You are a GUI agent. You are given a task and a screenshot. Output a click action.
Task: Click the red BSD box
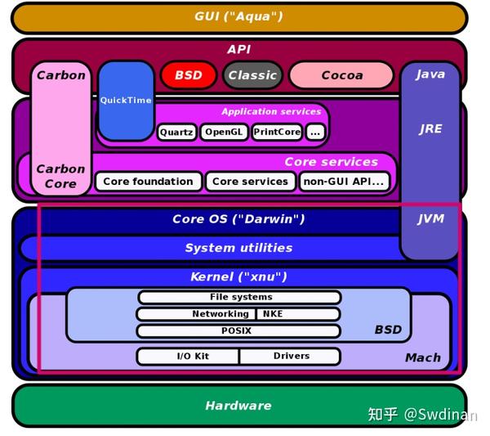pyautogui.click(x=188, y=75)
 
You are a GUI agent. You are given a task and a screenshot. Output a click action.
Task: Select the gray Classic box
pyautogui.click(x=252, y=75)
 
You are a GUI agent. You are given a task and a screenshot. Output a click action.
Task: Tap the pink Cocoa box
pyautogui.click(x=341, y=75)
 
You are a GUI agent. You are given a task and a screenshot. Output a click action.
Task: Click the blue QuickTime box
pyautogui.click(x=126, y=101)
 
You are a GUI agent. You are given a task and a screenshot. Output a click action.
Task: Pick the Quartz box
pyautogui.click(x=176, y=132)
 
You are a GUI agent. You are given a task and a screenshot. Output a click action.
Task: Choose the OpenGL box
pyautogui.click(x=224, y=132)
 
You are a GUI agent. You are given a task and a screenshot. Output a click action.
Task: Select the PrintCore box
pyautogui.click(x=277, y=132)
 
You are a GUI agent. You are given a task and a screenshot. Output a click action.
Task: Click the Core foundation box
pyautogui.click(x=148, y=182)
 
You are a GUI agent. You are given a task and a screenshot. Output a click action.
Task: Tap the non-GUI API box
pyautogui.click(x=343, y=182)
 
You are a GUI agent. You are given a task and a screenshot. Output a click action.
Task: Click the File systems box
pyautogui.click(x=239, y=297)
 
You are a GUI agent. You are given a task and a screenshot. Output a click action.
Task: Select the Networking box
pyautogui.click(x=196, y=314)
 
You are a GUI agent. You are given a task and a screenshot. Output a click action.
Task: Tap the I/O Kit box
pyautogui.click(x=189, y=356)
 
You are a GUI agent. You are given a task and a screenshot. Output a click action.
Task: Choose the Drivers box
pyautogui.click(x=290, y=356)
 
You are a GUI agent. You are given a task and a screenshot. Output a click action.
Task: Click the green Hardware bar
pyautogui.click(x=238, y=406)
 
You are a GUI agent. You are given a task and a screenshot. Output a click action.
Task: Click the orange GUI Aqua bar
pyautogui.click(x=238, y=16)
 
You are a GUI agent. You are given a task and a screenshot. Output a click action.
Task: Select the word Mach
pyautogui.click(x=422, y=357)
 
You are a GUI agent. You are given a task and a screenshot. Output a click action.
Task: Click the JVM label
pyautogui.click(x=430, y=219)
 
